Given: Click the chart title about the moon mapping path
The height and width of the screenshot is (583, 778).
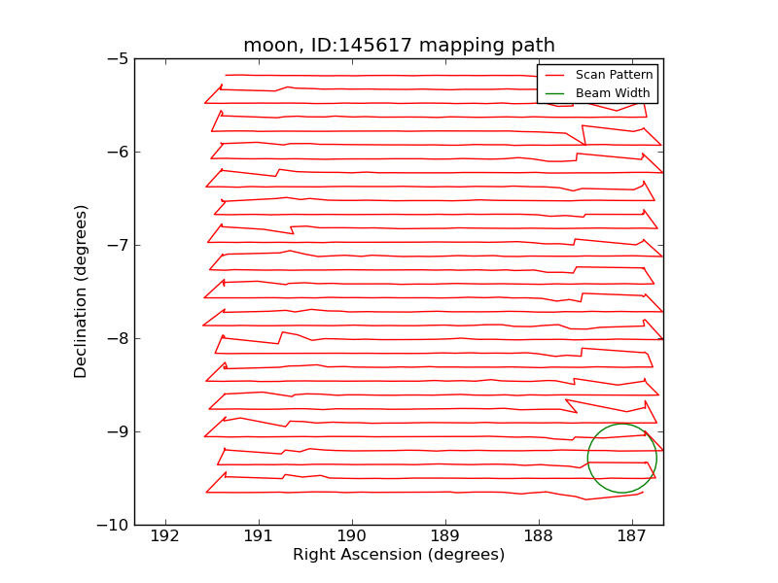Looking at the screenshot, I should (399, 46).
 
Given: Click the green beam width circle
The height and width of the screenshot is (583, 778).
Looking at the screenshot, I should (621, 425).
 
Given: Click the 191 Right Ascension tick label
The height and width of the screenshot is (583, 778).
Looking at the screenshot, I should (258, 535).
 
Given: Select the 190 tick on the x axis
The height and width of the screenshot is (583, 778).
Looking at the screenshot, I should (351, 535).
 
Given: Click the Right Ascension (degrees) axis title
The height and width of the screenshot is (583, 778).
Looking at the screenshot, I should (399, 555).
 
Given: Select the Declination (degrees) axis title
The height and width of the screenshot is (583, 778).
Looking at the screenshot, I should (82, 291).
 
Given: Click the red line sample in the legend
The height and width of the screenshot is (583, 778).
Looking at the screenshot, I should (554, 75).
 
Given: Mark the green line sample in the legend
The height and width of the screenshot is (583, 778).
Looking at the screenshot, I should (554, 93).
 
